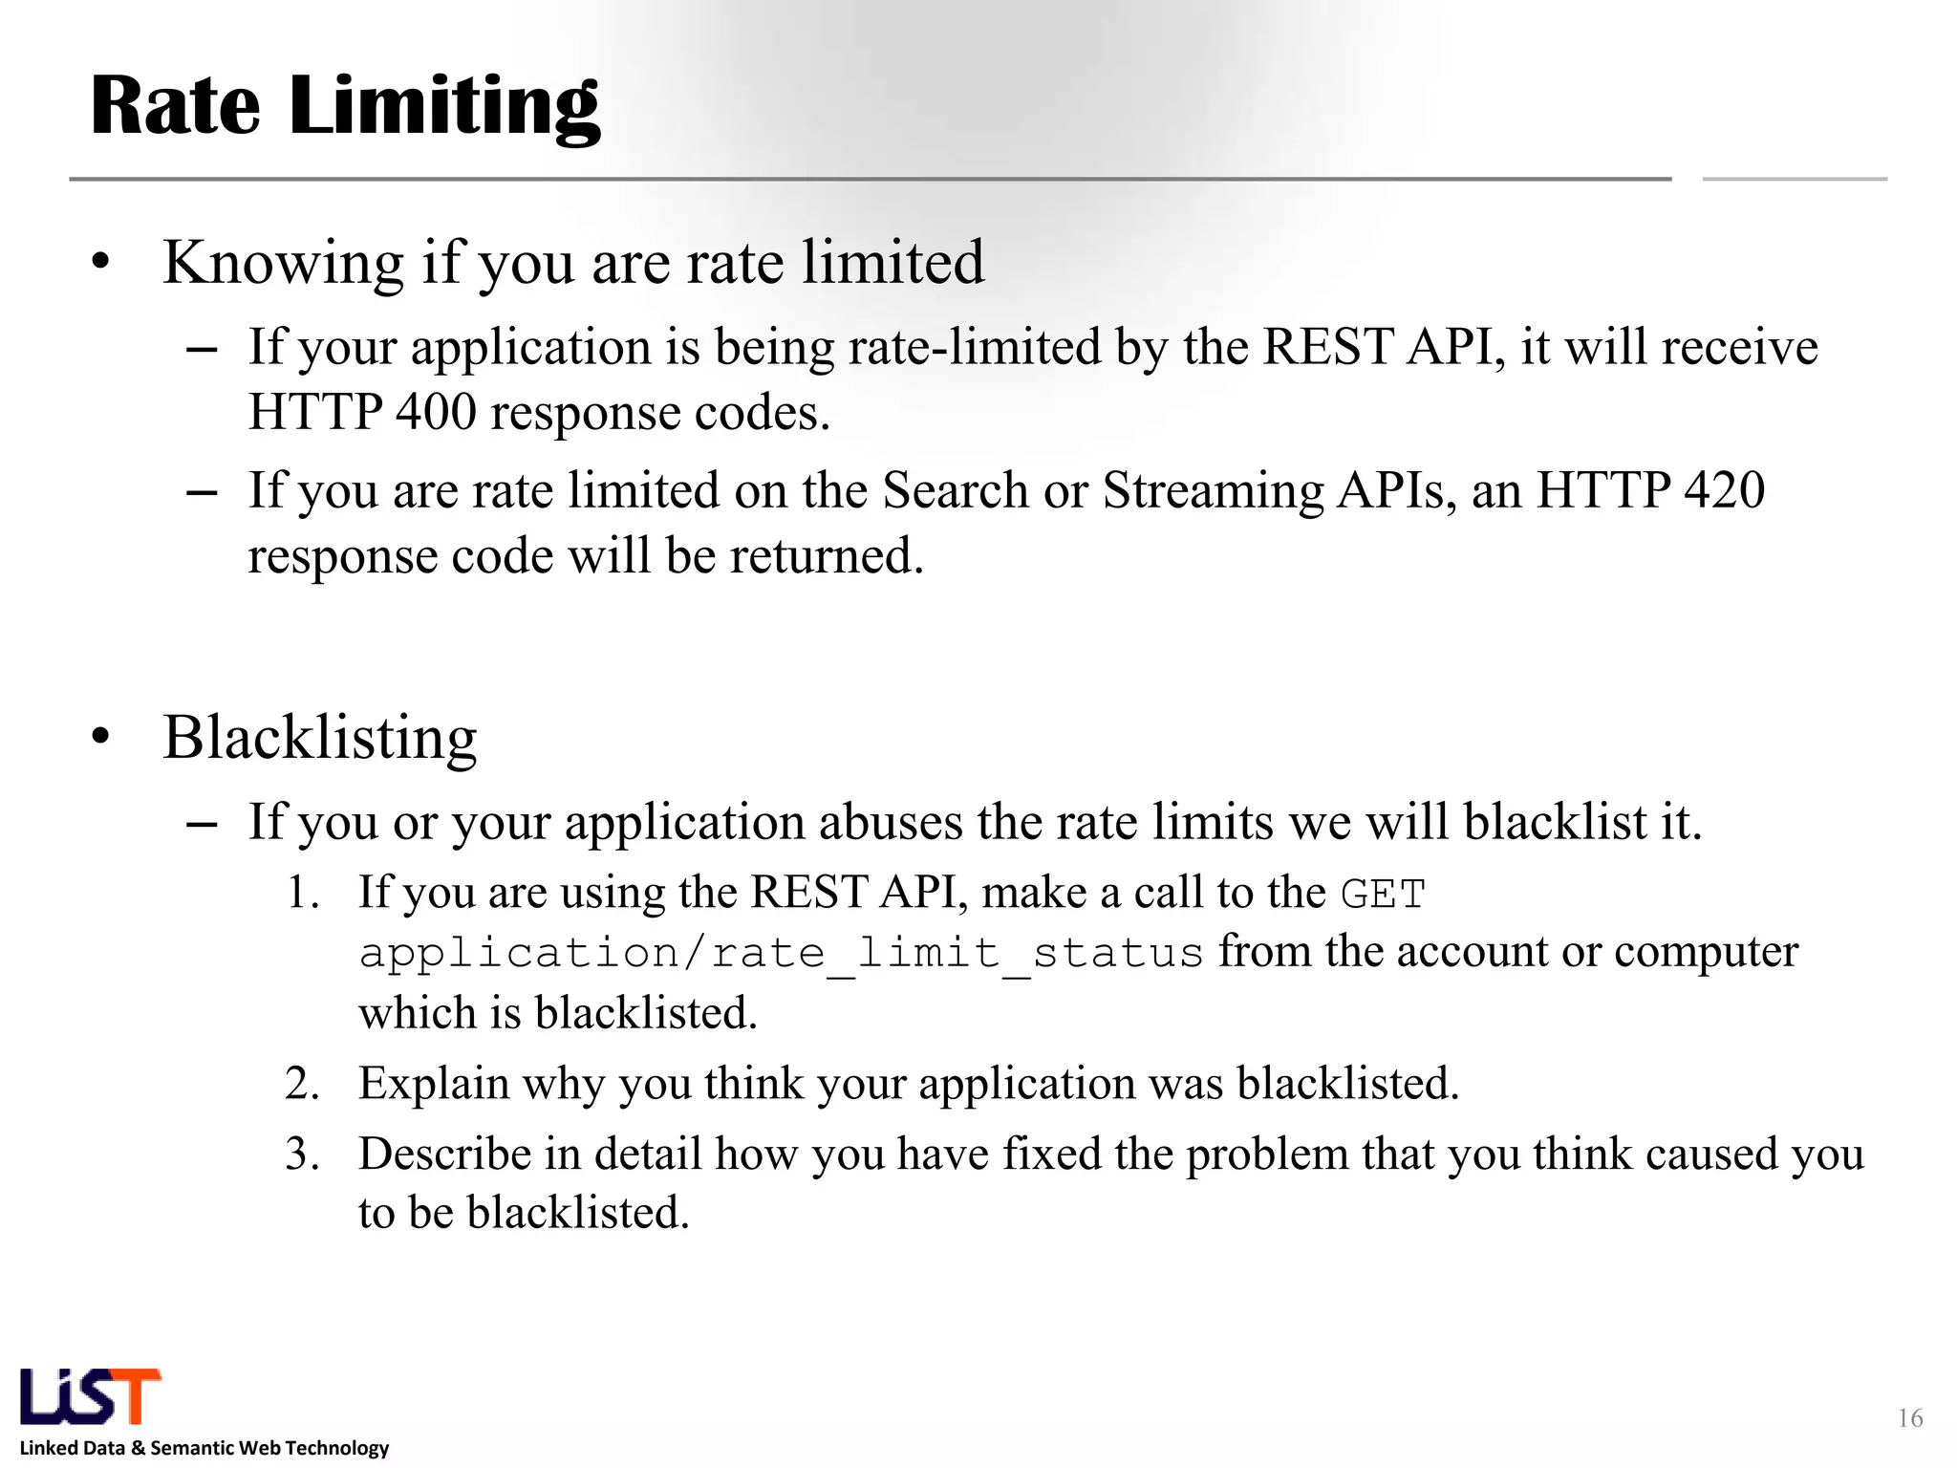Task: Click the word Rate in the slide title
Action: (x=175, y=105)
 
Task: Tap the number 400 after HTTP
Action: (x=436, y=413)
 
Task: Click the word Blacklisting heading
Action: (x=319, y=738)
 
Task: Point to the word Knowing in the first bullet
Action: (x=284, y=263)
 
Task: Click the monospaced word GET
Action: (x=1383, y=895)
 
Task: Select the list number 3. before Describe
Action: (x=302, y=1155)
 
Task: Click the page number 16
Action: (x=1909, y=1418)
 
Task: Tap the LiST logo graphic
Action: (x=90, y=1396)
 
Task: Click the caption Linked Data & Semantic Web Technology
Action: (x=204, y=1448)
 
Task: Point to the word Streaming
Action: (x=1213, y=490)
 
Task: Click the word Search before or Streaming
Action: (x=955, y=490)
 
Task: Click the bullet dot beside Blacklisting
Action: (x=101, y=738)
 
